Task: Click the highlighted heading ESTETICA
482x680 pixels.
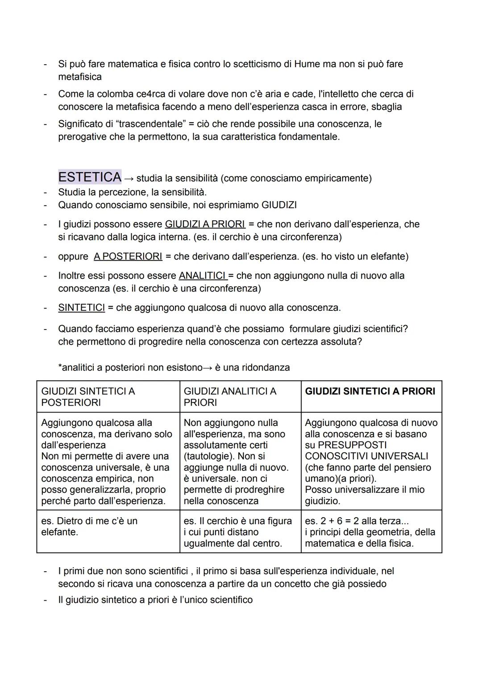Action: pos(90,177)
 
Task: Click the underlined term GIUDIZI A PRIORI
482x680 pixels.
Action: pos(205,224)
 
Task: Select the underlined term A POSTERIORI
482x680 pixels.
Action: pos(128,256)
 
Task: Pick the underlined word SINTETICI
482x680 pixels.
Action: pos(81,308)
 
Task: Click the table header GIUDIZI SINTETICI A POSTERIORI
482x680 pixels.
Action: pos(88,396)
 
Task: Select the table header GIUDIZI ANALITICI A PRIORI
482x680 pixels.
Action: pos(230,396)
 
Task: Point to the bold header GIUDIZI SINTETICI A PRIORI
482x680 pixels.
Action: pos(370,391)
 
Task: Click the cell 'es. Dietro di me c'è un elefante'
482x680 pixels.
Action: pos(89,526)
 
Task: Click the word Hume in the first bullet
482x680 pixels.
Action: pos(307,64)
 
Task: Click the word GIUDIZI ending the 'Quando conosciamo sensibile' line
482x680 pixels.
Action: pos(279,205)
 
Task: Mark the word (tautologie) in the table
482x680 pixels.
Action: pos(209,456)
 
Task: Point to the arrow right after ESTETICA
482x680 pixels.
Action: pos(129,179)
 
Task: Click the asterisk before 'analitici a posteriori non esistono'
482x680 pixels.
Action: pos(60,367)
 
